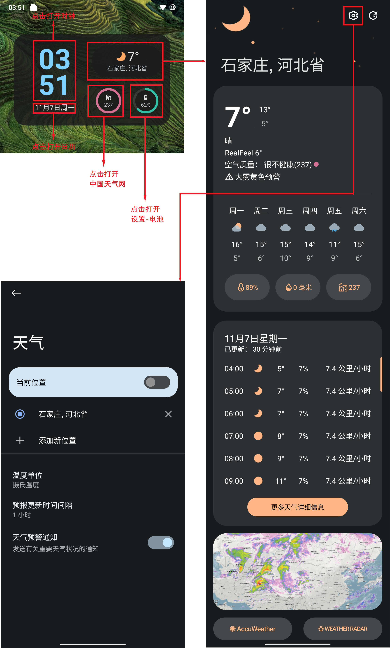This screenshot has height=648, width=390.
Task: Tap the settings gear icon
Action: click(x=353, y=16)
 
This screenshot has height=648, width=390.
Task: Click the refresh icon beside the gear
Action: click(x=373, y=16)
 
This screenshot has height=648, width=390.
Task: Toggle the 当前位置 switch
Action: click(x=157, y=382)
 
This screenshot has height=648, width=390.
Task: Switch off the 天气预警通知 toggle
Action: click(x=161, y=542)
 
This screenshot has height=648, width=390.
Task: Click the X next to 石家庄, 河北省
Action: click(x=168, y=414)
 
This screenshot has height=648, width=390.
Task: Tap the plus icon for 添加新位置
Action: click(x=20, y=440)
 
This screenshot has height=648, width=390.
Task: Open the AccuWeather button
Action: click(x=253, y=629)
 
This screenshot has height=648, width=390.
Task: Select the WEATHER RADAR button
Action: click(x=343, y=629)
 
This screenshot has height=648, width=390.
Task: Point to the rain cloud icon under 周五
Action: click(x=334, y=227)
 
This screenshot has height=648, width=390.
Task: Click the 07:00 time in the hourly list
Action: click(x=234, y=436)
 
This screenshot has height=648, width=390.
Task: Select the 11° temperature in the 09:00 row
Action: click(x=281, y=481)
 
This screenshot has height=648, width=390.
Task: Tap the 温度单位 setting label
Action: click(x=27, y=475)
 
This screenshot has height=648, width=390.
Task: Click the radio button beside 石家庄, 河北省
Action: click(x=20, y=414)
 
